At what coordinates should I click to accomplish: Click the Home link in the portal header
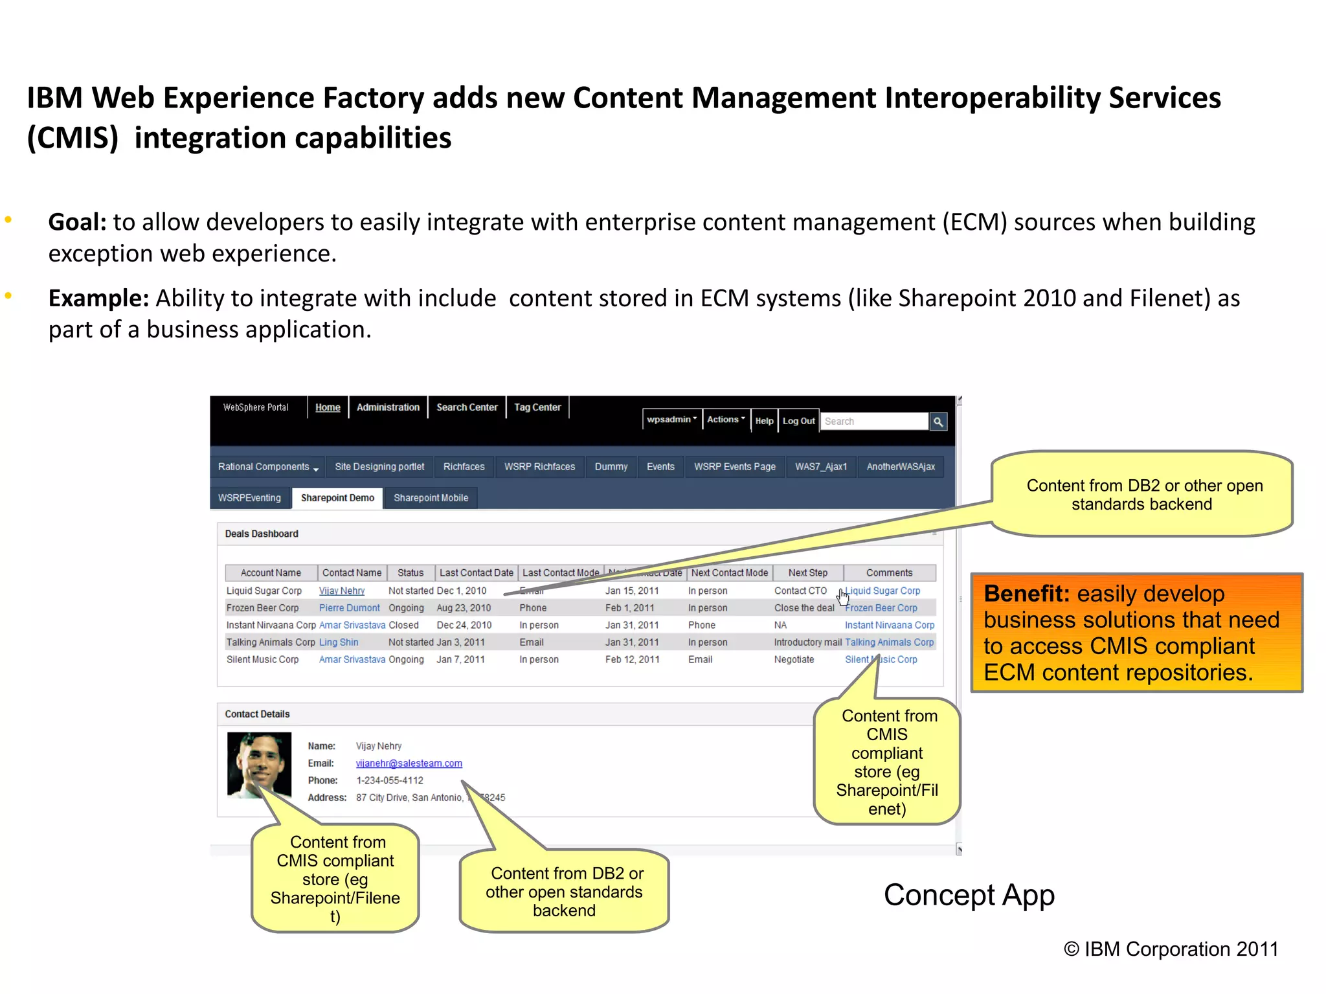point(328,407)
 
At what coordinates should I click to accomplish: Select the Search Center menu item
point(467,407)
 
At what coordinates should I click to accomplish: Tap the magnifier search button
point(938,422)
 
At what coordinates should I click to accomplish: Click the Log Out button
point(798,421)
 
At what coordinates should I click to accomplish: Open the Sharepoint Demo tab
point(337,498)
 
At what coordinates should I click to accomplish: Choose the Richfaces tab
point(464,467)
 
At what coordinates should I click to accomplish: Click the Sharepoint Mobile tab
point(431,498)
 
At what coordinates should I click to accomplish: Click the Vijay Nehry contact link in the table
point(342,591)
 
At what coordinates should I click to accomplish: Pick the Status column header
point(410,573)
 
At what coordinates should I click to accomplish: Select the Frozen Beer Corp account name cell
point(262,608)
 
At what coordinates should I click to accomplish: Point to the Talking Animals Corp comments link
point(889,642)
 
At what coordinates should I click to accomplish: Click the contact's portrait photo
point(259,765)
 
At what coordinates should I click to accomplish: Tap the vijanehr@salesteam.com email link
point(409,763)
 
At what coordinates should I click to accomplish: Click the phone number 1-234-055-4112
point(389,780)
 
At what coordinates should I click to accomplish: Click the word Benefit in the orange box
point(1026,594)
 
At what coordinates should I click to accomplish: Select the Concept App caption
point(969,896)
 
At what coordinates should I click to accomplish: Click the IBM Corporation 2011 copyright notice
point(1171,949)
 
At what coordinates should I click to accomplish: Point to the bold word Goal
point(76,222)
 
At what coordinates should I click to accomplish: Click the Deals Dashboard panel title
point(262,534)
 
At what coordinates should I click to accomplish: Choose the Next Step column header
point(807,573)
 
